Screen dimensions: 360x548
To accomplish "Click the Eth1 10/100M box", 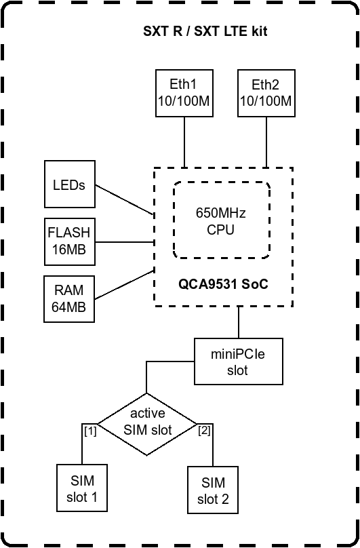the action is coord(184,93).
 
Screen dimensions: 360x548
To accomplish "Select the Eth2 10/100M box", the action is coord(266,93).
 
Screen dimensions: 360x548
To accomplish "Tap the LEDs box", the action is coord(70,184).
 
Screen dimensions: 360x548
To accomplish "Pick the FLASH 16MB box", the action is coord(70,242).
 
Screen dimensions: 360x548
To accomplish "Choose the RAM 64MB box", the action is coord(69,299).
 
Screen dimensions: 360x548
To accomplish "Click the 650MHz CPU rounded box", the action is coord(221,220).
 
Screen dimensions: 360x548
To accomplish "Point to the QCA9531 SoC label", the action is coord(223,284).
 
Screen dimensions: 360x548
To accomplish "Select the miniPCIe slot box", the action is coord(239,361).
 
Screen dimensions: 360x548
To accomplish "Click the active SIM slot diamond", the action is coord(147,425).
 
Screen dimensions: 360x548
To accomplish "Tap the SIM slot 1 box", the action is coord(82,488).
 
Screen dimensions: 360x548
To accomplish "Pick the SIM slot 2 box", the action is coord(213,490).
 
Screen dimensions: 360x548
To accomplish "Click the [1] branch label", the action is coord(90,431).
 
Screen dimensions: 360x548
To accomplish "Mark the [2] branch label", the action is coord(204,431).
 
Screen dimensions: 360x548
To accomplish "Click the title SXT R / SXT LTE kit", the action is coord(205,31).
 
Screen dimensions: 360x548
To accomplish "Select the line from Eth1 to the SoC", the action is coord(184,142).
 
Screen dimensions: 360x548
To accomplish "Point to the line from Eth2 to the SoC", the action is coord(266,142).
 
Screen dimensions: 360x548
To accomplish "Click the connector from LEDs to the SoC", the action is coord(125,199).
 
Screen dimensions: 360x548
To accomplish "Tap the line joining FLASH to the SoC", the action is coord(125,242).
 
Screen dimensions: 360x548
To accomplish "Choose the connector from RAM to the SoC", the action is coord(125,284).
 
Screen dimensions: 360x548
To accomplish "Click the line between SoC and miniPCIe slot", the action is coord(239,322).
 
